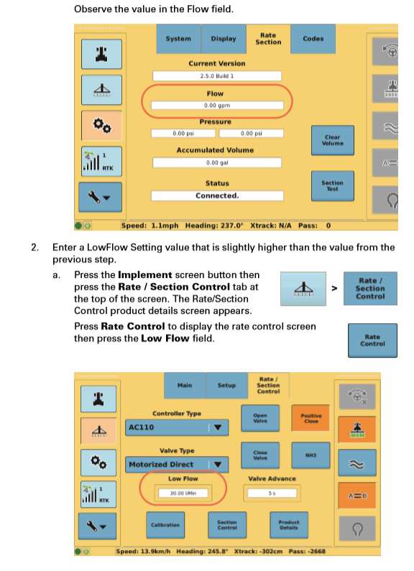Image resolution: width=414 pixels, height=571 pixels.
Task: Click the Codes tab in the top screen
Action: click(x=313, y=39)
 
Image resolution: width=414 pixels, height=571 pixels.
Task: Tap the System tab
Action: click(x=178, y=39)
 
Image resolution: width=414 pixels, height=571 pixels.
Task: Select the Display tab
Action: click(x=224, y=39)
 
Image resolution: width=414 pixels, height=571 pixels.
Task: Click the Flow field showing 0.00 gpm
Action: click(x=217, y=106)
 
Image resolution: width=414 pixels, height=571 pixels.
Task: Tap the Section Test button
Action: click(x=332, y=186)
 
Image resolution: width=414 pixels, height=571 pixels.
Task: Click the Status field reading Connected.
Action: click(x=217, y=195)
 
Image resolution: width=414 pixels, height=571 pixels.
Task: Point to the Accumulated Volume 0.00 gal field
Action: click(x=217, y=162)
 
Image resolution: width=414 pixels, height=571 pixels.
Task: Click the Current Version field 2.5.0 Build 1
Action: click(x=217, y=75)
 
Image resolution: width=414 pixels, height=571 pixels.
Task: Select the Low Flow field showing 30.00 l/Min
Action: click(x=183, y=493)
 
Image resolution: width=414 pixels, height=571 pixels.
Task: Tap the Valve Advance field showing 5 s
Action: click(x=272, y=493)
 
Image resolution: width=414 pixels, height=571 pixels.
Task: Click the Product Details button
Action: click(x=289, y=525)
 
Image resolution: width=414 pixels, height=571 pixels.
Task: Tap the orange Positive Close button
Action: click(x=311, y=418)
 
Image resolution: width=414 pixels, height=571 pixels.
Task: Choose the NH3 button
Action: click(x=311, y=455)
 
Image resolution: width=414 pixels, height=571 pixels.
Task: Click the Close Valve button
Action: click(x=260, y=455)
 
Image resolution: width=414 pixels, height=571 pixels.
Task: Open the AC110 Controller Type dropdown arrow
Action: click(x=218, y=427)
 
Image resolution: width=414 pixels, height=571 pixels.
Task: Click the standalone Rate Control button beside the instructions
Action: click(x=372, y=340)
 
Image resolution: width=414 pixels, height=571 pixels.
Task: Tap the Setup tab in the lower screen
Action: click(x=226, y=385)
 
